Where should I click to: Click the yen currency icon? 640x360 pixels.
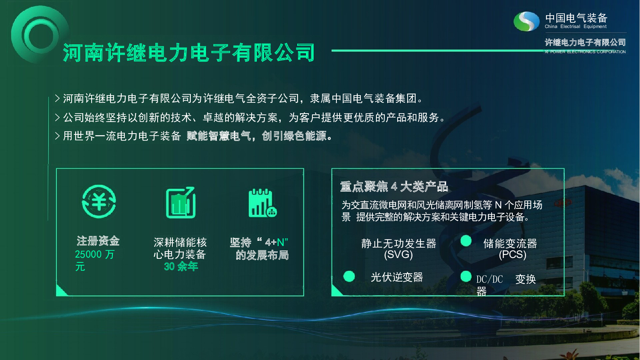coord(99,202)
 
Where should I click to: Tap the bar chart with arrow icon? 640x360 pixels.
coord(180,202)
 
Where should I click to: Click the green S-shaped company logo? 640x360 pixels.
coord(526,21)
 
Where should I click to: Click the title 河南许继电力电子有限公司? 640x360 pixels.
coord(188,52)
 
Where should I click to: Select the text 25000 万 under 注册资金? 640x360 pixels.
coord(94,254)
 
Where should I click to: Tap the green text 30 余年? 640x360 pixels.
coord(181,266)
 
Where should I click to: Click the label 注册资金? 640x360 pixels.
coord(98,241)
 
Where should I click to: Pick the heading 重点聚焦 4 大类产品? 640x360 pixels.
coord(394,186)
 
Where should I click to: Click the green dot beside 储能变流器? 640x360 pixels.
coord(466,240)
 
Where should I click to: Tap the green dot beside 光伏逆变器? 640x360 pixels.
coord(349,276)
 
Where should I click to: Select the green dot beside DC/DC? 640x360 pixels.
coord(466,276)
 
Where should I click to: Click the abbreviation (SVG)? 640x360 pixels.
coord(398,254)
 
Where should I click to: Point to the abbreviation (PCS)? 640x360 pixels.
coord(512,254)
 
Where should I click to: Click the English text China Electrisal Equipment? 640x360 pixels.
coord(576,26)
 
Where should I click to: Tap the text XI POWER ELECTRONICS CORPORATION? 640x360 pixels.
coord(585,52)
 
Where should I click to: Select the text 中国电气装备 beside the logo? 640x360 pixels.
coord(576,18)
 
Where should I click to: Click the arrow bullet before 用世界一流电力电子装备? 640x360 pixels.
coord(58,136)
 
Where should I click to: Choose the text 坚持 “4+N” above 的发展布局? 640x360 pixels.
coord(259,242)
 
